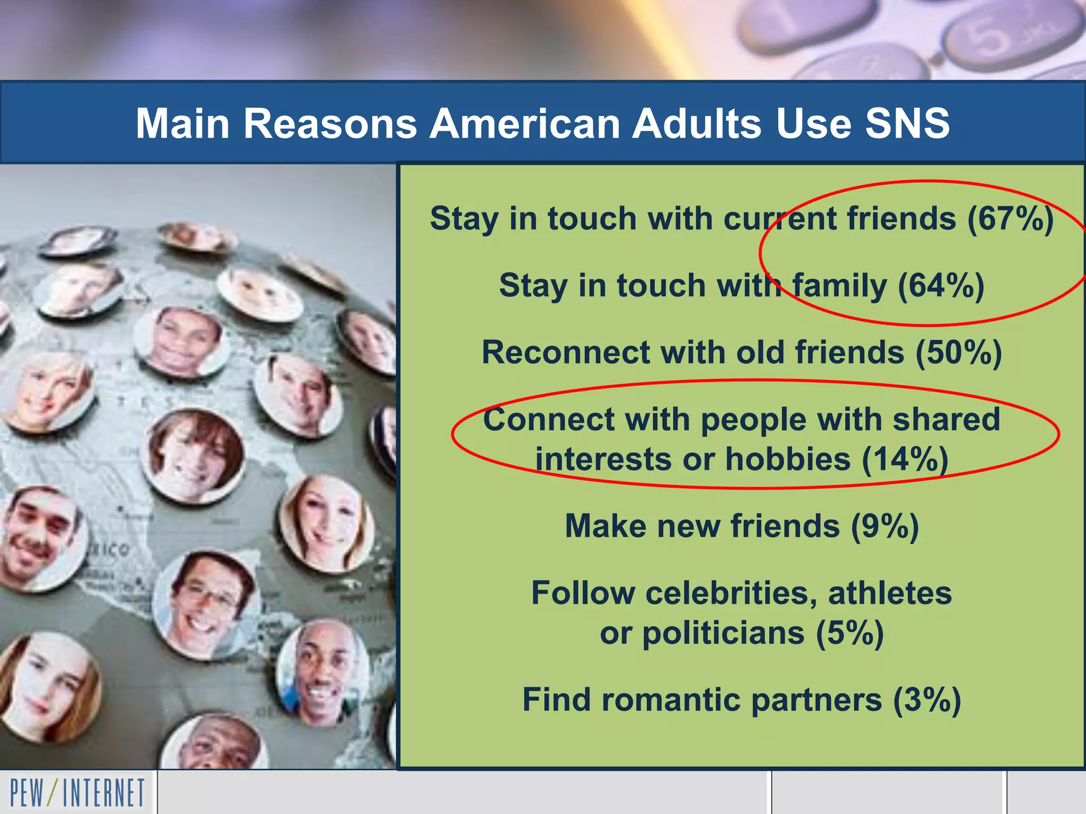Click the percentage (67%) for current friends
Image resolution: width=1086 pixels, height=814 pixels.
(1010, 219)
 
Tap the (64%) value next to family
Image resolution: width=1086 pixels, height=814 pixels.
(941, 286)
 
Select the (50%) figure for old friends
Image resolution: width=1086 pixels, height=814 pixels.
(959, 353)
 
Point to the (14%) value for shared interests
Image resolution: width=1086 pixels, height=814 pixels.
(905, 459)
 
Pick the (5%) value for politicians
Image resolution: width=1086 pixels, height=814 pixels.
(849, 633)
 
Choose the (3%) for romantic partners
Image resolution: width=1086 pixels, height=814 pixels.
(927, 700)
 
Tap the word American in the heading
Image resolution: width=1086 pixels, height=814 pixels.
(525, 123)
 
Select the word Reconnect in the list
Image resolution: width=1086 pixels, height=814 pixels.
(566, 353)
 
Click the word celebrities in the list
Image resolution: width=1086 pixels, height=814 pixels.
(731, 593)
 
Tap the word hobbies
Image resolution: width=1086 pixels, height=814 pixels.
(787, 459)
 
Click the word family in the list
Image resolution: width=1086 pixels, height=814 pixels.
(839, 286)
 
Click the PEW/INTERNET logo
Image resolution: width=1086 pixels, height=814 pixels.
(77, 793)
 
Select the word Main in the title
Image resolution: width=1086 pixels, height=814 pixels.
(182, 123)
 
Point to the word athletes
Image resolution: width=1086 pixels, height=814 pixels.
(890, 593)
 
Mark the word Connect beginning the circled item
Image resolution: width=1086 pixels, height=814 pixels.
(548, 420)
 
